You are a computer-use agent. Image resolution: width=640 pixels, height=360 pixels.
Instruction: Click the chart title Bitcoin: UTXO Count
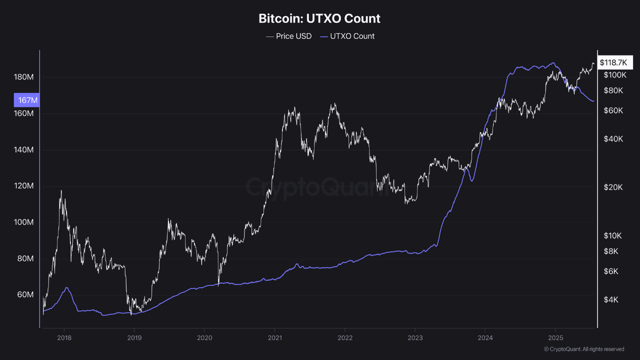coord(319,19)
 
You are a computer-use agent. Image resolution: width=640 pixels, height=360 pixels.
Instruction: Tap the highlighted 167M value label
coord(27,100)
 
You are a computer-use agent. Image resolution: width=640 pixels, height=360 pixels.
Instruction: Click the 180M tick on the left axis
coord(23,77)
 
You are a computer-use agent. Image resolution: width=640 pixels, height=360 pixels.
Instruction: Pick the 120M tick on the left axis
coord(23,186)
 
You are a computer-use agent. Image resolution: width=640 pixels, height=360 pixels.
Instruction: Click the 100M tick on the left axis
coord(23,222)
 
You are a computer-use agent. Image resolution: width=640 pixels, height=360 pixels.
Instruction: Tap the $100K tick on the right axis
coord(615,75)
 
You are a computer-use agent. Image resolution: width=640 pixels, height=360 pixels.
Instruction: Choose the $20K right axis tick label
coord(613,187)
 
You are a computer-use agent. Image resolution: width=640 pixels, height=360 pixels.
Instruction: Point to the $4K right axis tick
coord(611,299)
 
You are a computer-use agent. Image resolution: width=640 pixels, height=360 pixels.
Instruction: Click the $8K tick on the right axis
coord(611,251)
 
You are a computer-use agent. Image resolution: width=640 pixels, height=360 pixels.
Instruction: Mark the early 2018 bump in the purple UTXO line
coord(66,288)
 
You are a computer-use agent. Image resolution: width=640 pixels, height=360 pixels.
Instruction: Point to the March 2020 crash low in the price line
coord(218,285)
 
